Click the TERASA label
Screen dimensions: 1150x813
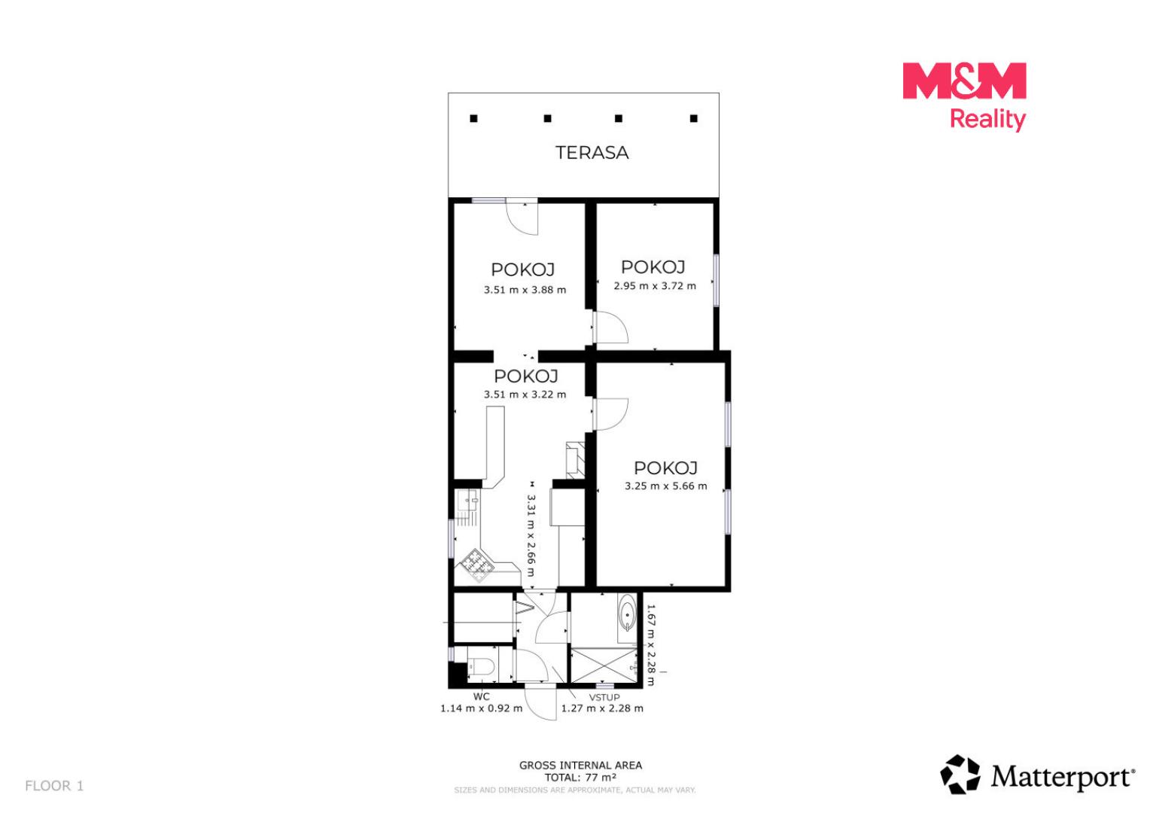coord(592,153)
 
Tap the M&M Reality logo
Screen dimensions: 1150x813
coord(964,96)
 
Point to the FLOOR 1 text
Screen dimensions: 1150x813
coord(54,786)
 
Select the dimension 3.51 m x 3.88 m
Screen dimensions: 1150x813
coord(525,290)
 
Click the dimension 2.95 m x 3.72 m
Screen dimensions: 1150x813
coord(655,286)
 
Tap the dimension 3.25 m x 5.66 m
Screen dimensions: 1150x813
coord(666,486)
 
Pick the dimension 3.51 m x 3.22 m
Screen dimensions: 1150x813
coord(525,394)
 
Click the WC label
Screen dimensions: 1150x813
coord(481,697)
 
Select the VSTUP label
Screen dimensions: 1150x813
coord(604,697)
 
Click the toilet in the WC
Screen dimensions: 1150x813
coord(482,667)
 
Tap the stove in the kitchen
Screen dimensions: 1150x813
coord(477,565)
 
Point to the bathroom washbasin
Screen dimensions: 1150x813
coord(627,614)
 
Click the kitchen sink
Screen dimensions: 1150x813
coord(468,500)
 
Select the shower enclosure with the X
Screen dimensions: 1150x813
coord(604,666)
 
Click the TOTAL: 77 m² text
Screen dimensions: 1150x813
coord(580,778)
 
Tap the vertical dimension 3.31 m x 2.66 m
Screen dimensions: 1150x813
coord(531,536)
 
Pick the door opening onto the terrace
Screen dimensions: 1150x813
coord(522,217)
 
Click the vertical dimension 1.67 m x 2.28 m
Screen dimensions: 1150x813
coord(650,644)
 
